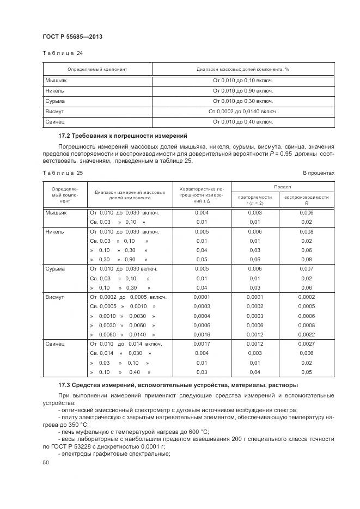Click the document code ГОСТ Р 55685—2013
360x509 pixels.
pyautogui.click(x=72, y=36)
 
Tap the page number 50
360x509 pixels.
pyautogui.click(x=45, y=463)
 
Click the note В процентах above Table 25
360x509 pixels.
pyautogui.click(x=318, y=173)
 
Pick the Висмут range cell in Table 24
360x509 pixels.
pyautogui.click(x=243, y=112)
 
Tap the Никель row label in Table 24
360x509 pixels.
pyautogui.click(x=56, y=90)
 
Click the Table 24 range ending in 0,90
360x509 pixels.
pyautogui.click(x=243, y=90)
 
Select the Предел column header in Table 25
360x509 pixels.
pyautogui.click(x=282, y=186)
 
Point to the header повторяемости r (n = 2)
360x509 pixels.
pyautogui.click(x=254, y=200)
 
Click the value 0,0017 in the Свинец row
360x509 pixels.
pyautogui.click(x=202, y=344)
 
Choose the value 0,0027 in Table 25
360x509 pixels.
pyautogui.click(x=306, y=344)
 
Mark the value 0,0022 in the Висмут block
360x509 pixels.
pyautogui.click(x=306, y=334)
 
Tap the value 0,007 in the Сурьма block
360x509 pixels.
pyautogui.click(x=306, y=268)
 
